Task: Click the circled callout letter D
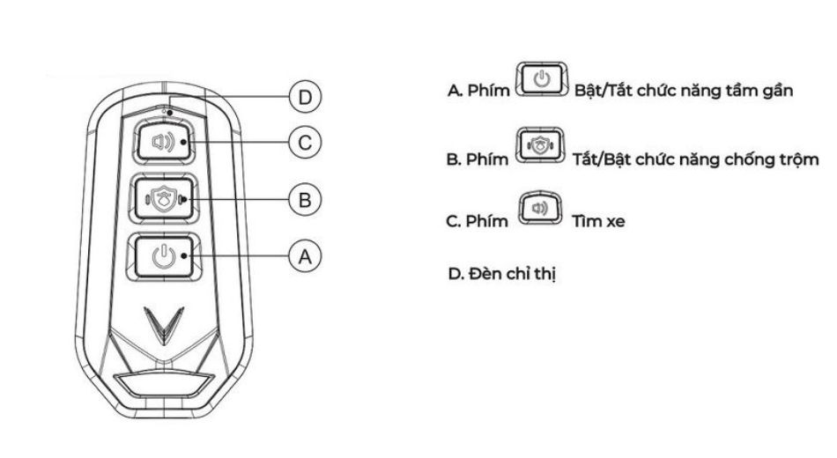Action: (x=305, y=98)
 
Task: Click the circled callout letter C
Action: (x=305, y=143)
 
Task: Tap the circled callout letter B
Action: (x=305, y=200)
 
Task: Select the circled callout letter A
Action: (x=305, y=257)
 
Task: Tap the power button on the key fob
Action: (x=163, y=257)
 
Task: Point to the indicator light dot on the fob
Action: (x=170, y=113)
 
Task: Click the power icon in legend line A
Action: (x=541, y=79)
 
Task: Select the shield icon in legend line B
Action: (x=540, y=145)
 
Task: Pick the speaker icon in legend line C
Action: (x=540, y=208)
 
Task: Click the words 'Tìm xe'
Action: (x=598, y=221)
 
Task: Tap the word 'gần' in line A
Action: (x=777, y=90)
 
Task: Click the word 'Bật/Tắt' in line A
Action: (x=604, y=90)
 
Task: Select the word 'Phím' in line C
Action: (x=486, y=221)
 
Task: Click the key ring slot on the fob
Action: (x=163, y=384)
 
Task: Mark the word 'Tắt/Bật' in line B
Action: (x=602, y=159)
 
